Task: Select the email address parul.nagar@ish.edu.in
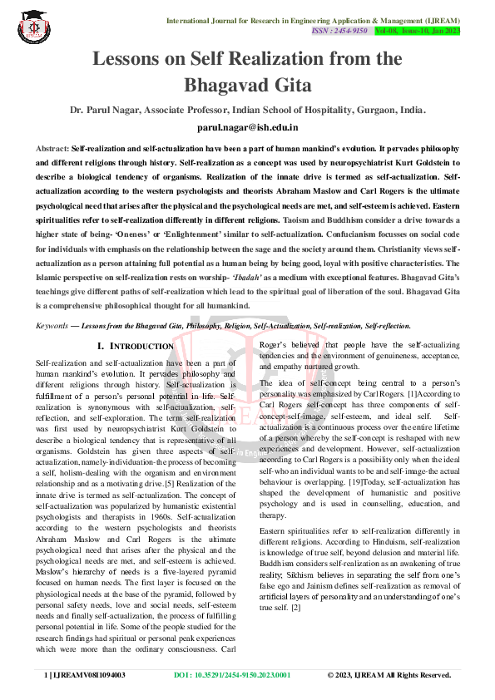click(x=247, y=127)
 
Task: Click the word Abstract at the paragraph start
click(x=52, y=147)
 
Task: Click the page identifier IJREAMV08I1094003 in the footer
click(x=90, y=675)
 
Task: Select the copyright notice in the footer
click(x=389, y=675)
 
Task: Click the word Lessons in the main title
click(x=131, y=59)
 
